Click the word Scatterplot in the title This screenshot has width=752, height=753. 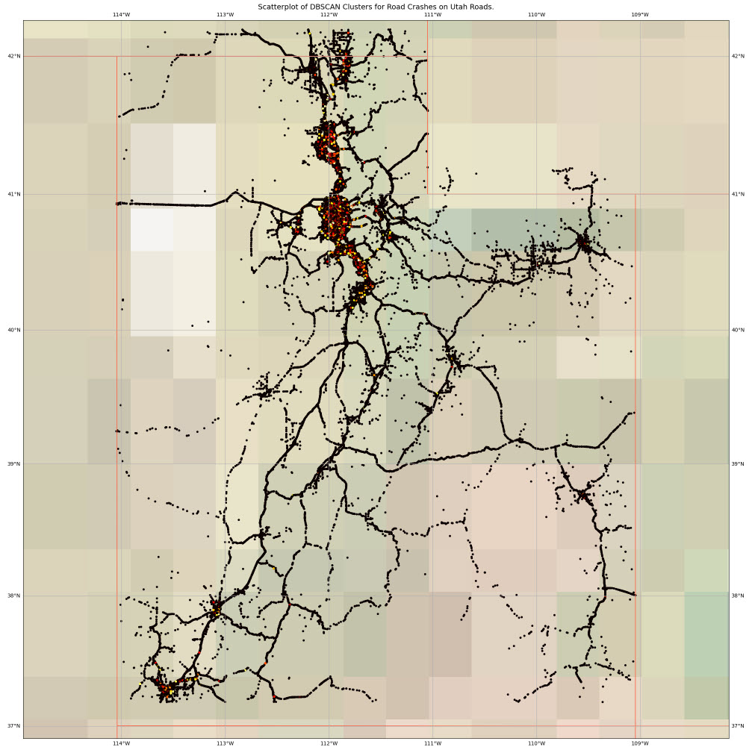[x=277, y=7]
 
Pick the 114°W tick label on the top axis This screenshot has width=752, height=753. [x=121, y=14]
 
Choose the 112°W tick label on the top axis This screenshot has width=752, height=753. [x=329, y=14]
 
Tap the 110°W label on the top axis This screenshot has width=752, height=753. [x=536, y=14]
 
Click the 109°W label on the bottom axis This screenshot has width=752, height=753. [x=640, y=744]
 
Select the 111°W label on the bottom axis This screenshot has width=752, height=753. [x=432, y=744]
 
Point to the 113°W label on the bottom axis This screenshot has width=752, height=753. [x=225, y=744]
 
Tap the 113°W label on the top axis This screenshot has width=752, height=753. [x=225, y=14]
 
